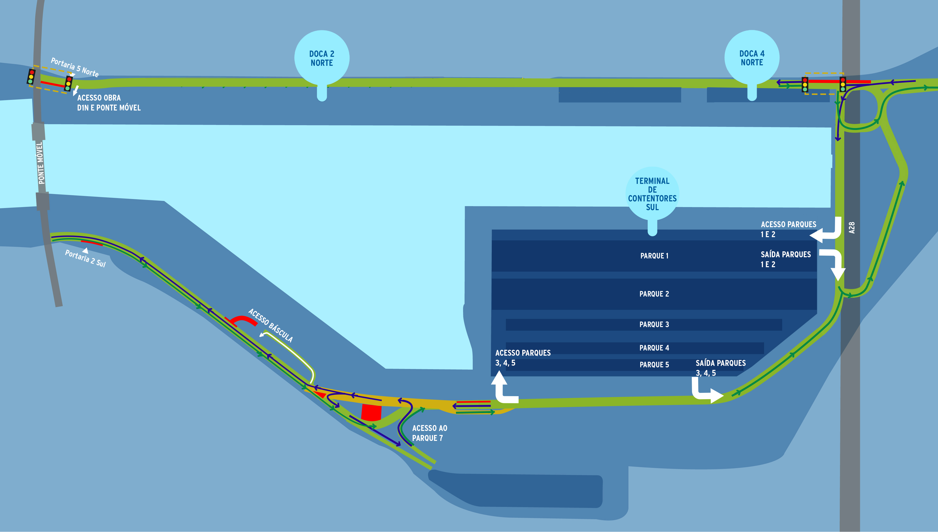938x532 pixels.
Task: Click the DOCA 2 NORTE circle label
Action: (x=322, y=58)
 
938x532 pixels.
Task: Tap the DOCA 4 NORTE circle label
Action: (x=752, y=58)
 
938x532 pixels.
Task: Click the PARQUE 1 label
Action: (x=654, y=256)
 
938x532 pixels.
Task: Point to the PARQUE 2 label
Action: (x=654, y=294)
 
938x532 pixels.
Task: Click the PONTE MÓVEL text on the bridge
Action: (x=40, y=163)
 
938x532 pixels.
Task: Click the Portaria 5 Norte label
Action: (x=75, y=67)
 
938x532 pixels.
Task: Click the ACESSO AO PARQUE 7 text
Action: (x=429, y=433)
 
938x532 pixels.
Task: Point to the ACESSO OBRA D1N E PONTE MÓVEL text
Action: (x=108, y=103)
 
